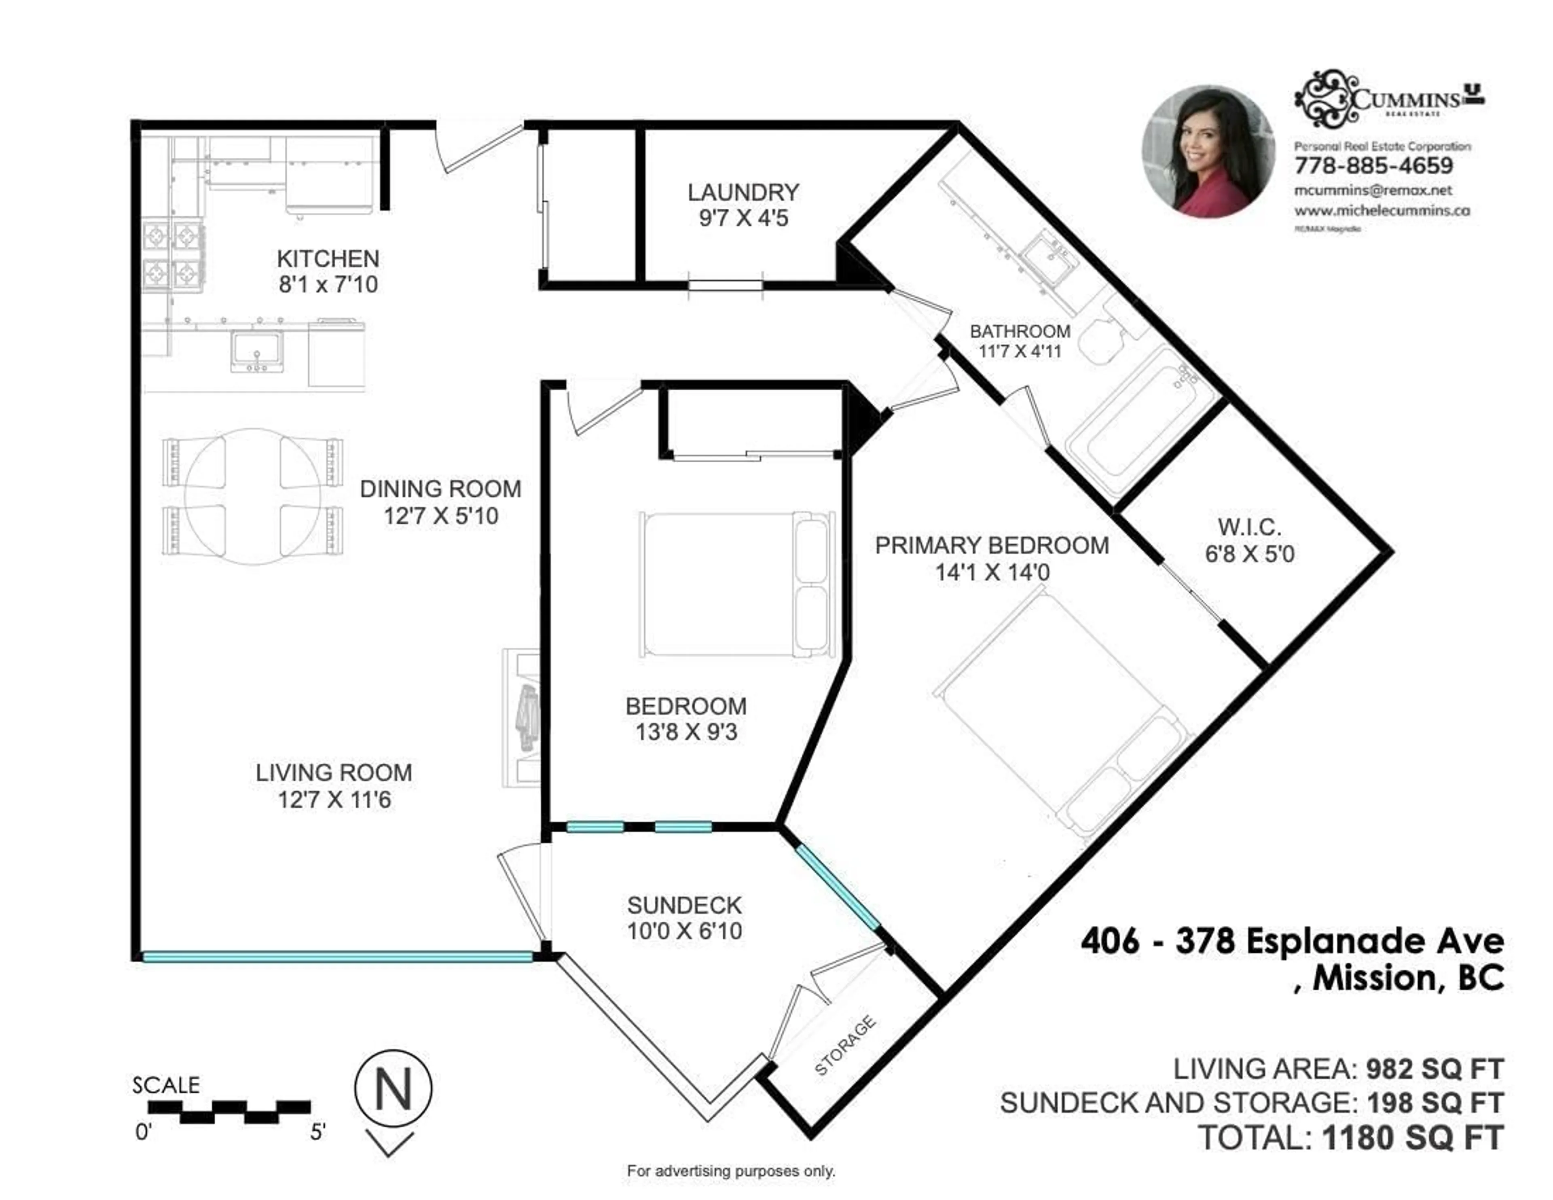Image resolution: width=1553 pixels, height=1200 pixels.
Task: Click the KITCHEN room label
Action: click(x=328, y=258)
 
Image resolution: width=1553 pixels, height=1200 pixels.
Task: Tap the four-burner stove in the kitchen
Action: click(x=173, y=255)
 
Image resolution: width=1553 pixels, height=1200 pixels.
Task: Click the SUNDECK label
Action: click(x=684, y=906)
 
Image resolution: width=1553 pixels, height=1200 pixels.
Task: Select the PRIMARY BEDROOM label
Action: click(x=991, y=546)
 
